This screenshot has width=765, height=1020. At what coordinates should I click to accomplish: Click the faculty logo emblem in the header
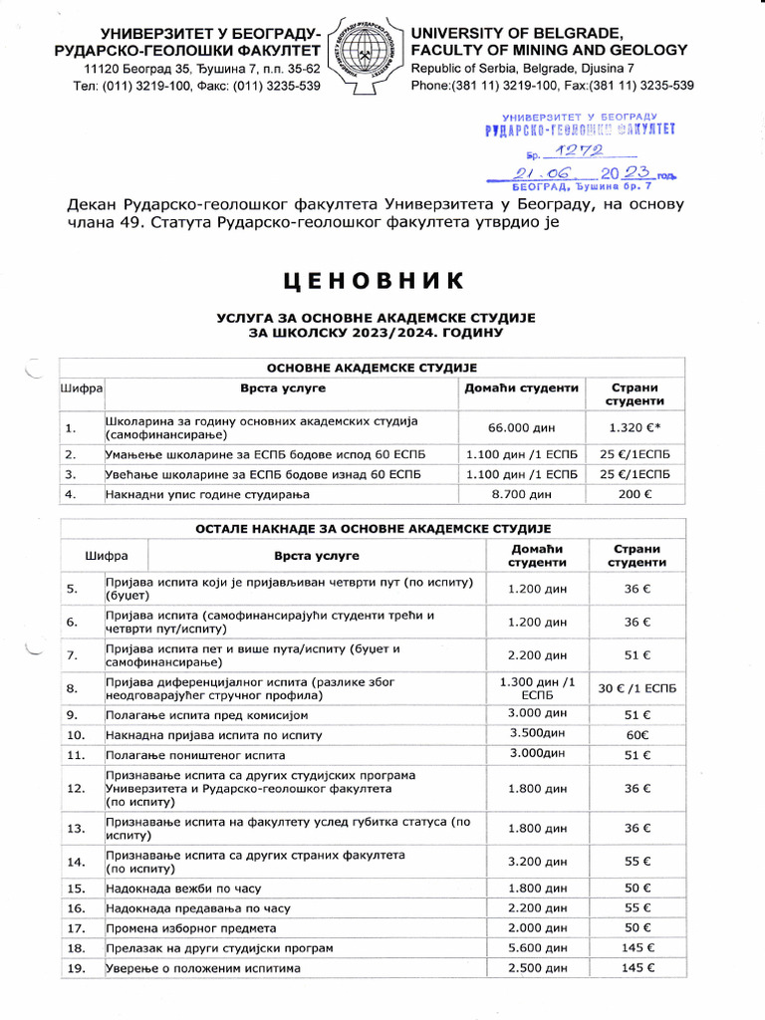click(366, 55)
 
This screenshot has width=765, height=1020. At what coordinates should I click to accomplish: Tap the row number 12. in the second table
click(75, 788)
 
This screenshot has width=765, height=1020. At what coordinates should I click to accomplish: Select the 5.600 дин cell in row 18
click(537, 946)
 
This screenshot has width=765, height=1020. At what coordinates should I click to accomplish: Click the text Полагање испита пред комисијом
click(207, 715)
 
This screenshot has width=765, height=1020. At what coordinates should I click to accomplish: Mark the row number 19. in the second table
click(75, 967)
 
